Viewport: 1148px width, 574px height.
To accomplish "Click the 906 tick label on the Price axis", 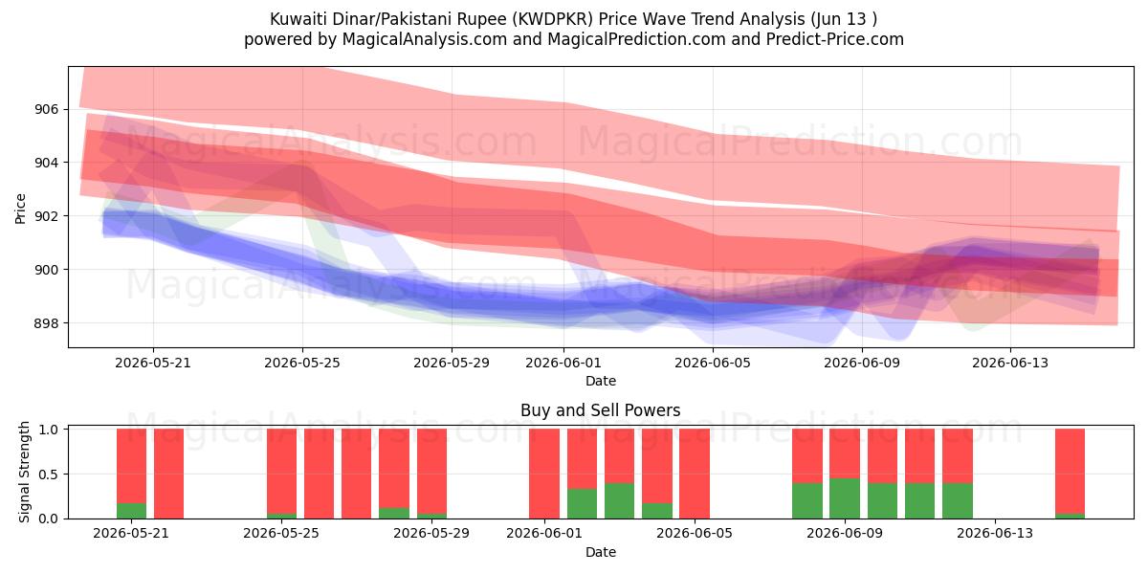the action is tap(46, 110).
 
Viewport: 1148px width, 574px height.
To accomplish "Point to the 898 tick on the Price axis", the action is tap(46, 323).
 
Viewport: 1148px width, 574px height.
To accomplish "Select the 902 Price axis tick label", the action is tap(46, 216).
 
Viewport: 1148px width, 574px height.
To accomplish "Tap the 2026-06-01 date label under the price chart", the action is tap(563, 363).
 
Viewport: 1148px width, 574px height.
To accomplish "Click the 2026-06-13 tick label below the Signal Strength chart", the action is tap(995, 534).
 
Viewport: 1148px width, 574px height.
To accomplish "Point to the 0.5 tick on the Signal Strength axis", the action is tap(49, 475).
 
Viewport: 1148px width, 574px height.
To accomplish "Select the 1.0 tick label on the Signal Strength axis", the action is tap(49, 430).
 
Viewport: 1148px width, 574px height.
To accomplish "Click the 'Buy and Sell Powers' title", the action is tap(600, 410).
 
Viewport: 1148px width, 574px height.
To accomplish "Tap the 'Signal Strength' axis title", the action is tap(24, 472).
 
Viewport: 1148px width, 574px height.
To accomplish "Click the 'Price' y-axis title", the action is tap(20, 209).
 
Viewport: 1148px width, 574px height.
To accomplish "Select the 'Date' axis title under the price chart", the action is tap(601, 381).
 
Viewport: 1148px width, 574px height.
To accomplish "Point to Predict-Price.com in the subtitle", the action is tap(835, 39).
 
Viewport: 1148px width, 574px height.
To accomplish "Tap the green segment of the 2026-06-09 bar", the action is tap(845, 498).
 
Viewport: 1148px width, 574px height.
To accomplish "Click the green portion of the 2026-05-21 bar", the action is tap(131, 511).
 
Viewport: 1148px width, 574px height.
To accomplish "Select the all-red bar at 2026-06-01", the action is tap(544, 474).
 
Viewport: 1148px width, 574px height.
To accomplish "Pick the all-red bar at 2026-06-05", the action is tap(695, 474).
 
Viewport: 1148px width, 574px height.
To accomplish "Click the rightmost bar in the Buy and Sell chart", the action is tap(1070, 474).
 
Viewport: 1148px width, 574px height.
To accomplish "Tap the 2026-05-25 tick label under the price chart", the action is tap(302, 363).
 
